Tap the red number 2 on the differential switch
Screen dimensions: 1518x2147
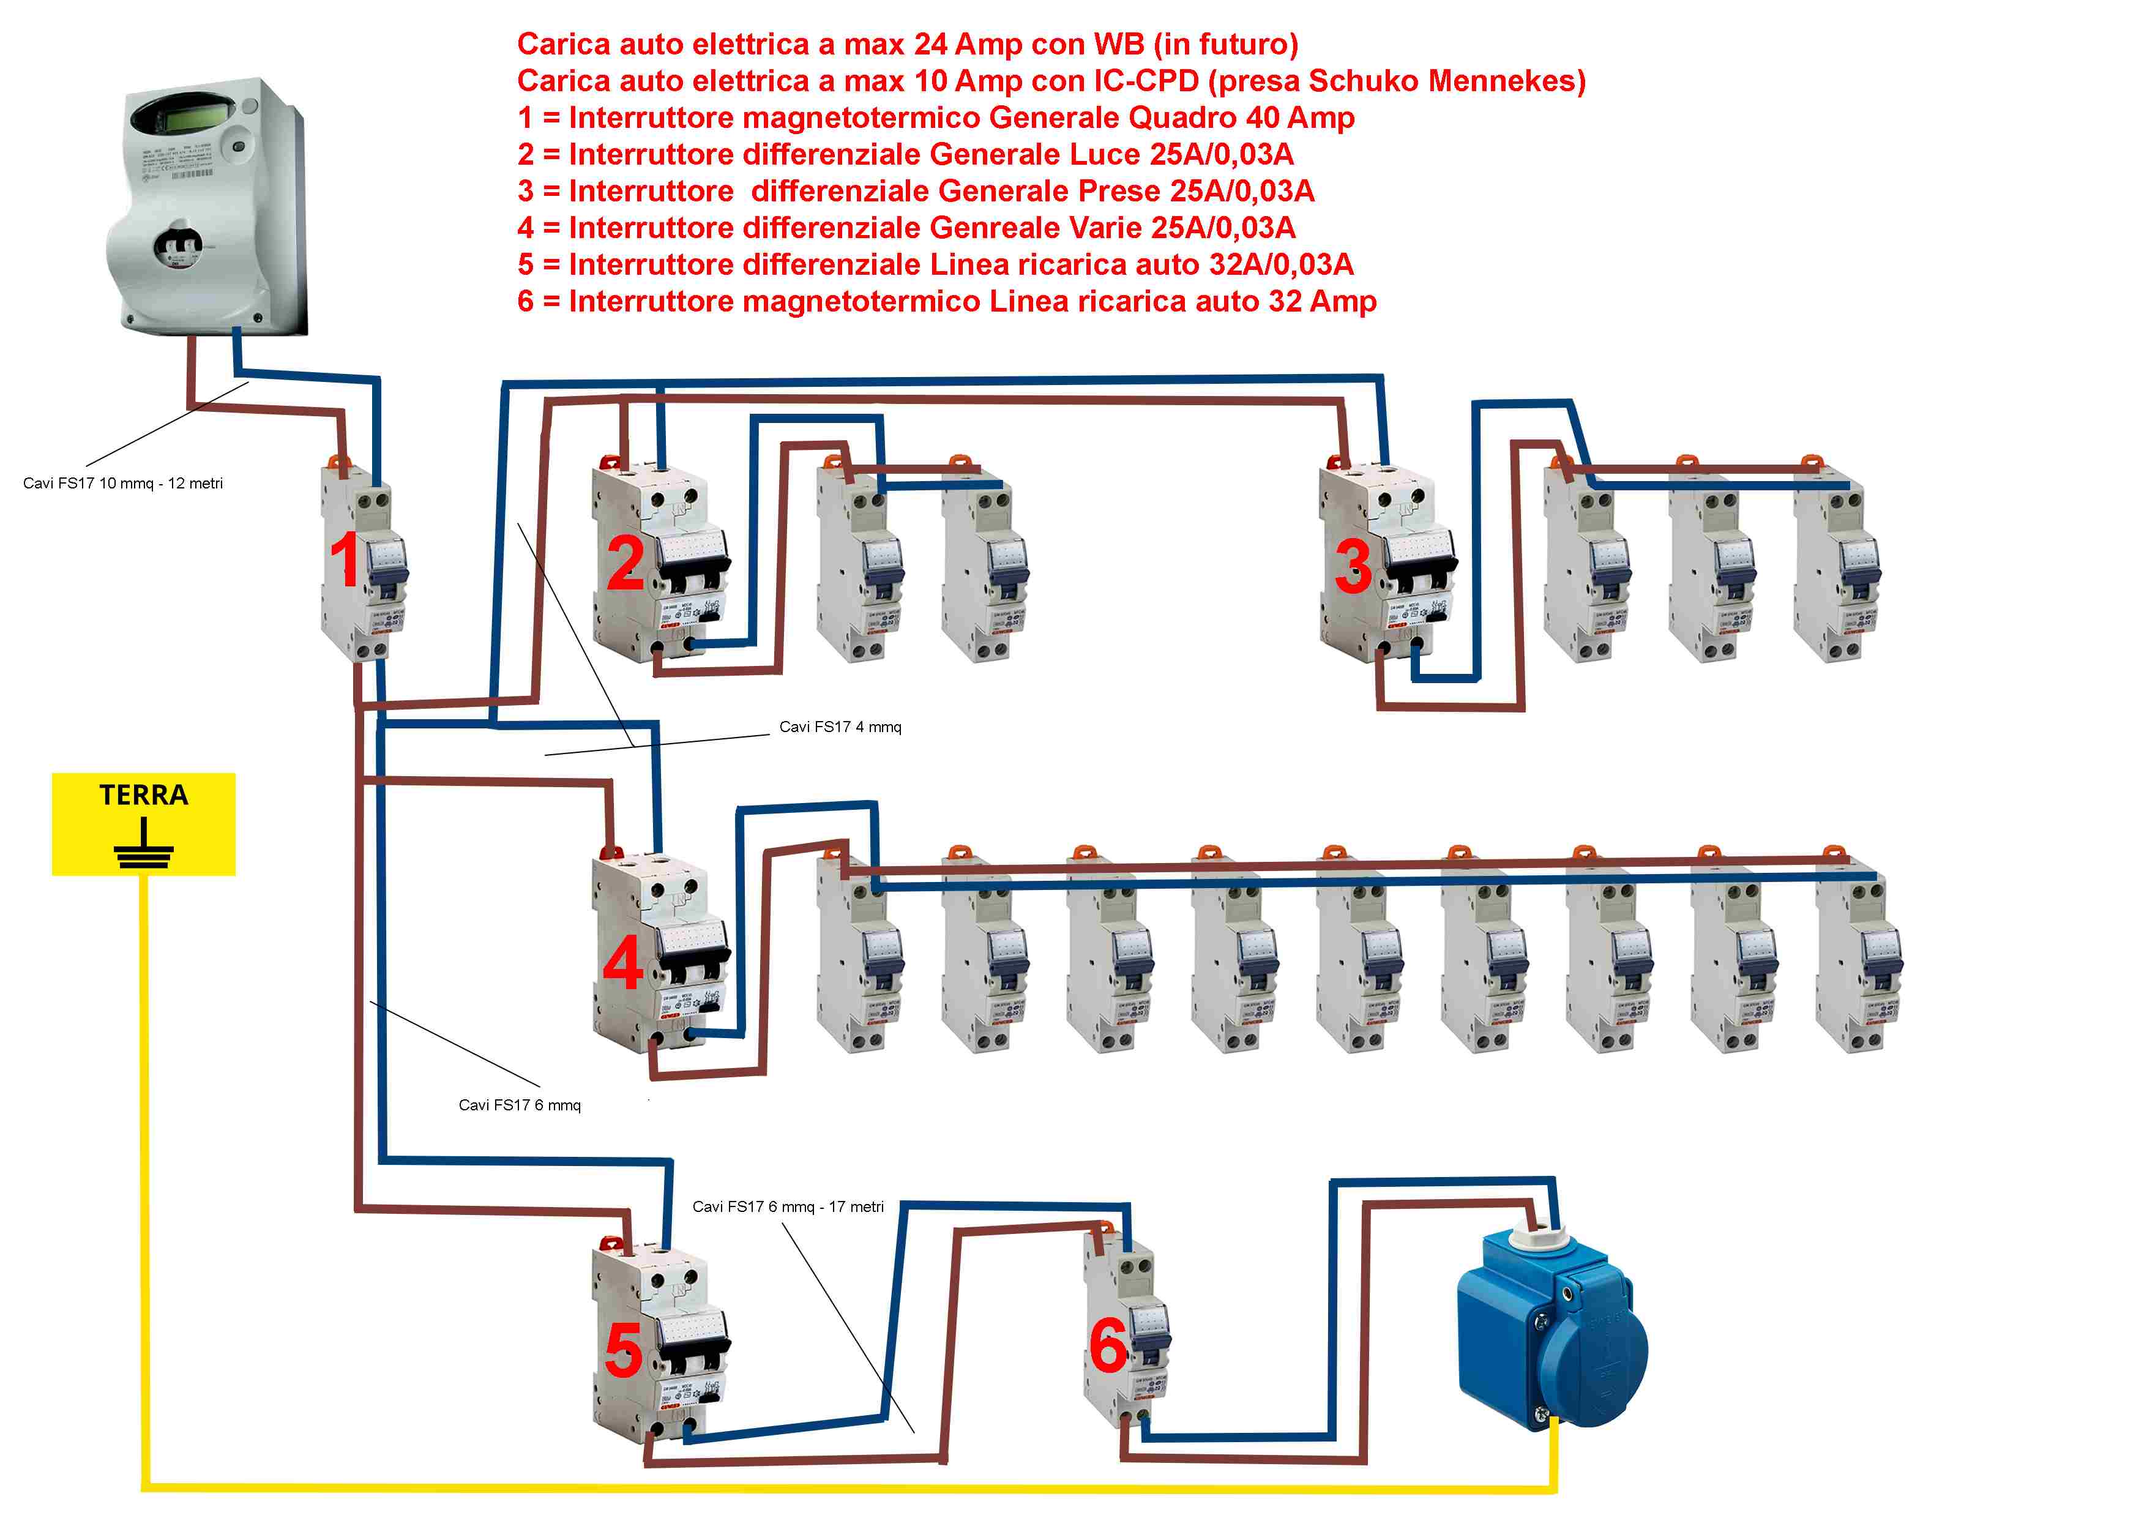[x=625, y=563]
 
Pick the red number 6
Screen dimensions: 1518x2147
[x=1109, y=1347]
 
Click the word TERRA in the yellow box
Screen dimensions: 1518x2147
[x=144, y=795]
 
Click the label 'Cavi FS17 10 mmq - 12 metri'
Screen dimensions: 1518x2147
[x=122, y=484]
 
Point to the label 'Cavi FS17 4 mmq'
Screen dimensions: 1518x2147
[x=840, y=727]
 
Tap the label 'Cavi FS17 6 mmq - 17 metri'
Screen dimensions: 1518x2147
[x=787, y=1206]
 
